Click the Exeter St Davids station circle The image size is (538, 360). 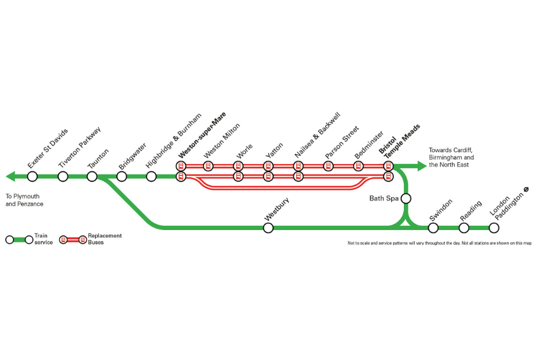[32, 177]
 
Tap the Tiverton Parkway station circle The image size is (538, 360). [62, 177]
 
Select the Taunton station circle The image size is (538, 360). [92, 177]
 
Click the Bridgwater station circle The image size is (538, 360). [122, 177]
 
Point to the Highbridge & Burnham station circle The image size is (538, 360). [152, 177]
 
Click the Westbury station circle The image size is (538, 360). [268, 228]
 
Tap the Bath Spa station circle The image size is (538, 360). [406, 199]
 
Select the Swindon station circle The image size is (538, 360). [433, 228]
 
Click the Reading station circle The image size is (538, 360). [464, 228]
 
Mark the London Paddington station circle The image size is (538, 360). [493, 228]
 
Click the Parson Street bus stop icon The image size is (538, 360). [328, 166]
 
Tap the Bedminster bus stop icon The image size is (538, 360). [357, 166]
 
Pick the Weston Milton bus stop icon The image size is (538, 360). [208, 166]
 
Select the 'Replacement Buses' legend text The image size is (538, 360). [105, 239]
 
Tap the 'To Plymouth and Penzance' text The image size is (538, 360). [24, 200]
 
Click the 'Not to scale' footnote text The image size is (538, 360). [440, 244]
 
